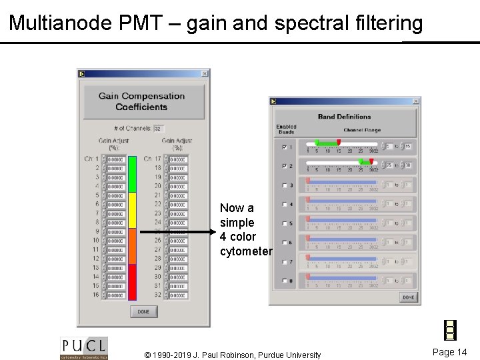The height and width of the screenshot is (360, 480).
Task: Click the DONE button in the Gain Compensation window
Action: tap(143, 311)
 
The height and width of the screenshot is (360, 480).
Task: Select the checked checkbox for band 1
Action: tap(285, 147)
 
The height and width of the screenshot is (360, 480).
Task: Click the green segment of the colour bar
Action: tap(132, 174)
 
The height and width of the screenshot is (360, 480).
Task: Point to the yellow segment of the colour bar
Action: tap(132, 211)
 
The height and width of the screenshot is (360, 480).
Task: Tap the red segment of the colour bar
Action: tap(132, 282)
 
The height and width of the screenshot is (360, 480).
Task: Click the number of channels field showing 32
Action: tap(159, 129)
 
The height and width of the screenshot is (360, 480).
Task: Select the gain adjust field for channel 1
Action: tap(116, 159)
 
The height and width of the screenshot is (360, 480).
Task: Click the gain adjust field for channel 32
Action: tap(178, 295)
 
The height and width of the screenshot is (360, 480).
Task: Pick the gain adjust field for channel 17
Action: tap(178, 159)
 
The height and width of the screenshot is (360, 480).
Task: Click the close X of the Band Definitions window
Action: tap(415, 101)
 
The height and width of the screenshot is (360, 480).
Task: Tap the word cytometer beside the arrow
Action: tap(246, 251)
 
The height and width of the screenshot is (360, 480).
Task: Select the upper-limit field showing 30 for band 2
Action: tap(408, 165)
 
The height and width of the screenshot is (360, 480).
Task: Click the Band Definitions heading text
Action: tap(344, 117)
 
